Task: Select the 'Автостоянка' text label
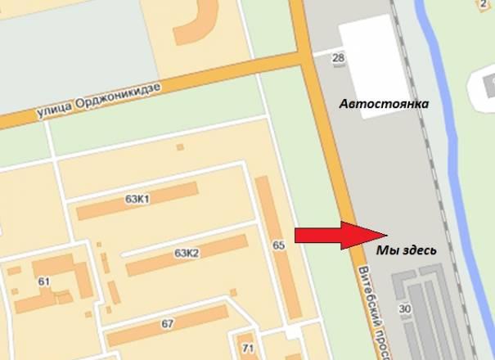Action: pyautogui.click(x=385, y=106)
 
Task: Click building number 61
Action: pyautogui.click(x=44, y=282)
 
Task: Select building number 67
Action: pyautogui.click(x=168, y=324)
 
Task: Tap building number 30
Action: pyautogui.click(x=404, y=308)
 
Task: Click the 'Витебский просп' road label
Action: pyautogui.click(x=365, y=307)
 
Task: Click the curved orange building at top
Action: pyautogui.click(x=196, y=25)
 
